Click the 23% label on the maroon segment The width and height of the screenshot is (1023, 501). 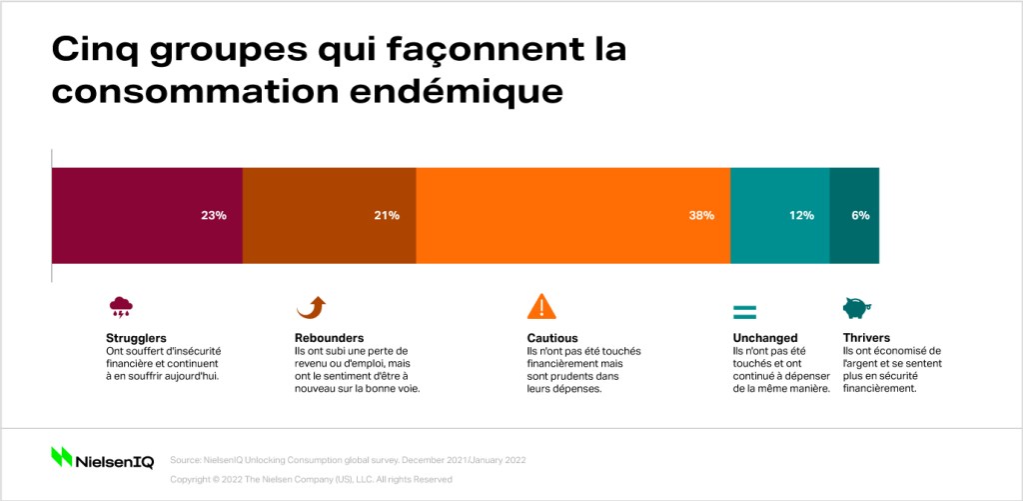point(214,216)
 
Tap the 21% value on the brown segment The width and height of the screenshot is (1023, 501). point(387,216)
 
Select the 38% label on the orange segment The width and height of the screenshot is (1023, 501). point(701,216)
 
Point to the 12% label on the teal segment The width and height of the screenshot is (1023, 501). point(801,216)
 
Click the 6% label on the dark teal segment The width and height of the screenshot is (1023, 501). point(860,216)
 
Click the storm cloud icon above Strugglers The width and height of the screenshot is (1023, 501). point(121,307)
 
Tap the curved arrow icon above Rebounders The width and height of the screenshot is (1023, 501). point(312,307)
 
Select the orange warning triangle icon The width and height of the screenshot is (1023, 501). point(541,306)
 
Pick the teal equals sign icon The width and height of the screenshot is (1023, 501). point(744,312)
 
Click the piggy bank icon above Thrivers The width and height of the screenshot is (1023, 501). point(856,308)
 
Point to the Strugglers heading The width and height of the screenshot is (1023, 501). point(136,338)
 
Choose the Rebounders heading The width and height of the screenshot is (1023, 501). point(330,338)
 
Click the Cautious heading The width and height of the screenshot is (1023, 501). point(552,338)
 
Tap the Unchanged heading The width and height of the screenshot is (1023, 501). point(765,338)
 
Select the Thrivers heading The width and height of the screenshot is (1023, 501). point(866,338)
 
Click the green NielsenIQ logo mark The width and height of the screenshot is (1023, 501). point(62,457)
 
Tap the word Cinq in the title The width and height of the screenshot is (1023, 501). point(94,51)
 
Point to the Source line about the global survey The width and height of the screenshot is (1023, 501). point(348,460)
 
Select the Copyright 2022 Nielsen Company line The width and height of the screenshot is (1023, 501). point(312,479)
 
